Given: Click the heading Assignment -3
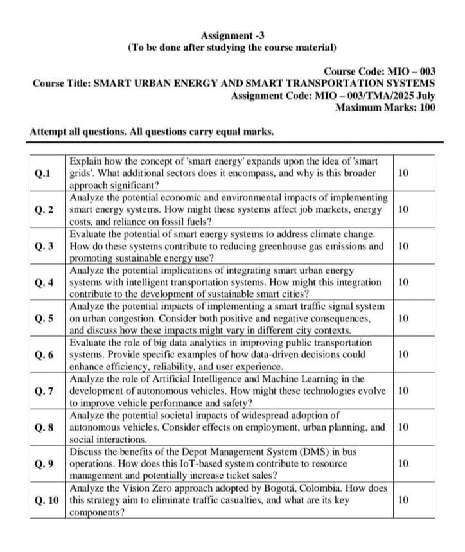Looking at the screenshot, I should coord(232,35).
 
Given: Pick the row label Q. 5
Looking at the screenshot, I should coord(45,319).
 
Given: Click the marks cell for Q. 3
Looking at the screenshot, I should coord(403,246).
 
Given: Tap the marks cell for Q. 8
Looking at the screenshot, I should coord(403,427).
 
